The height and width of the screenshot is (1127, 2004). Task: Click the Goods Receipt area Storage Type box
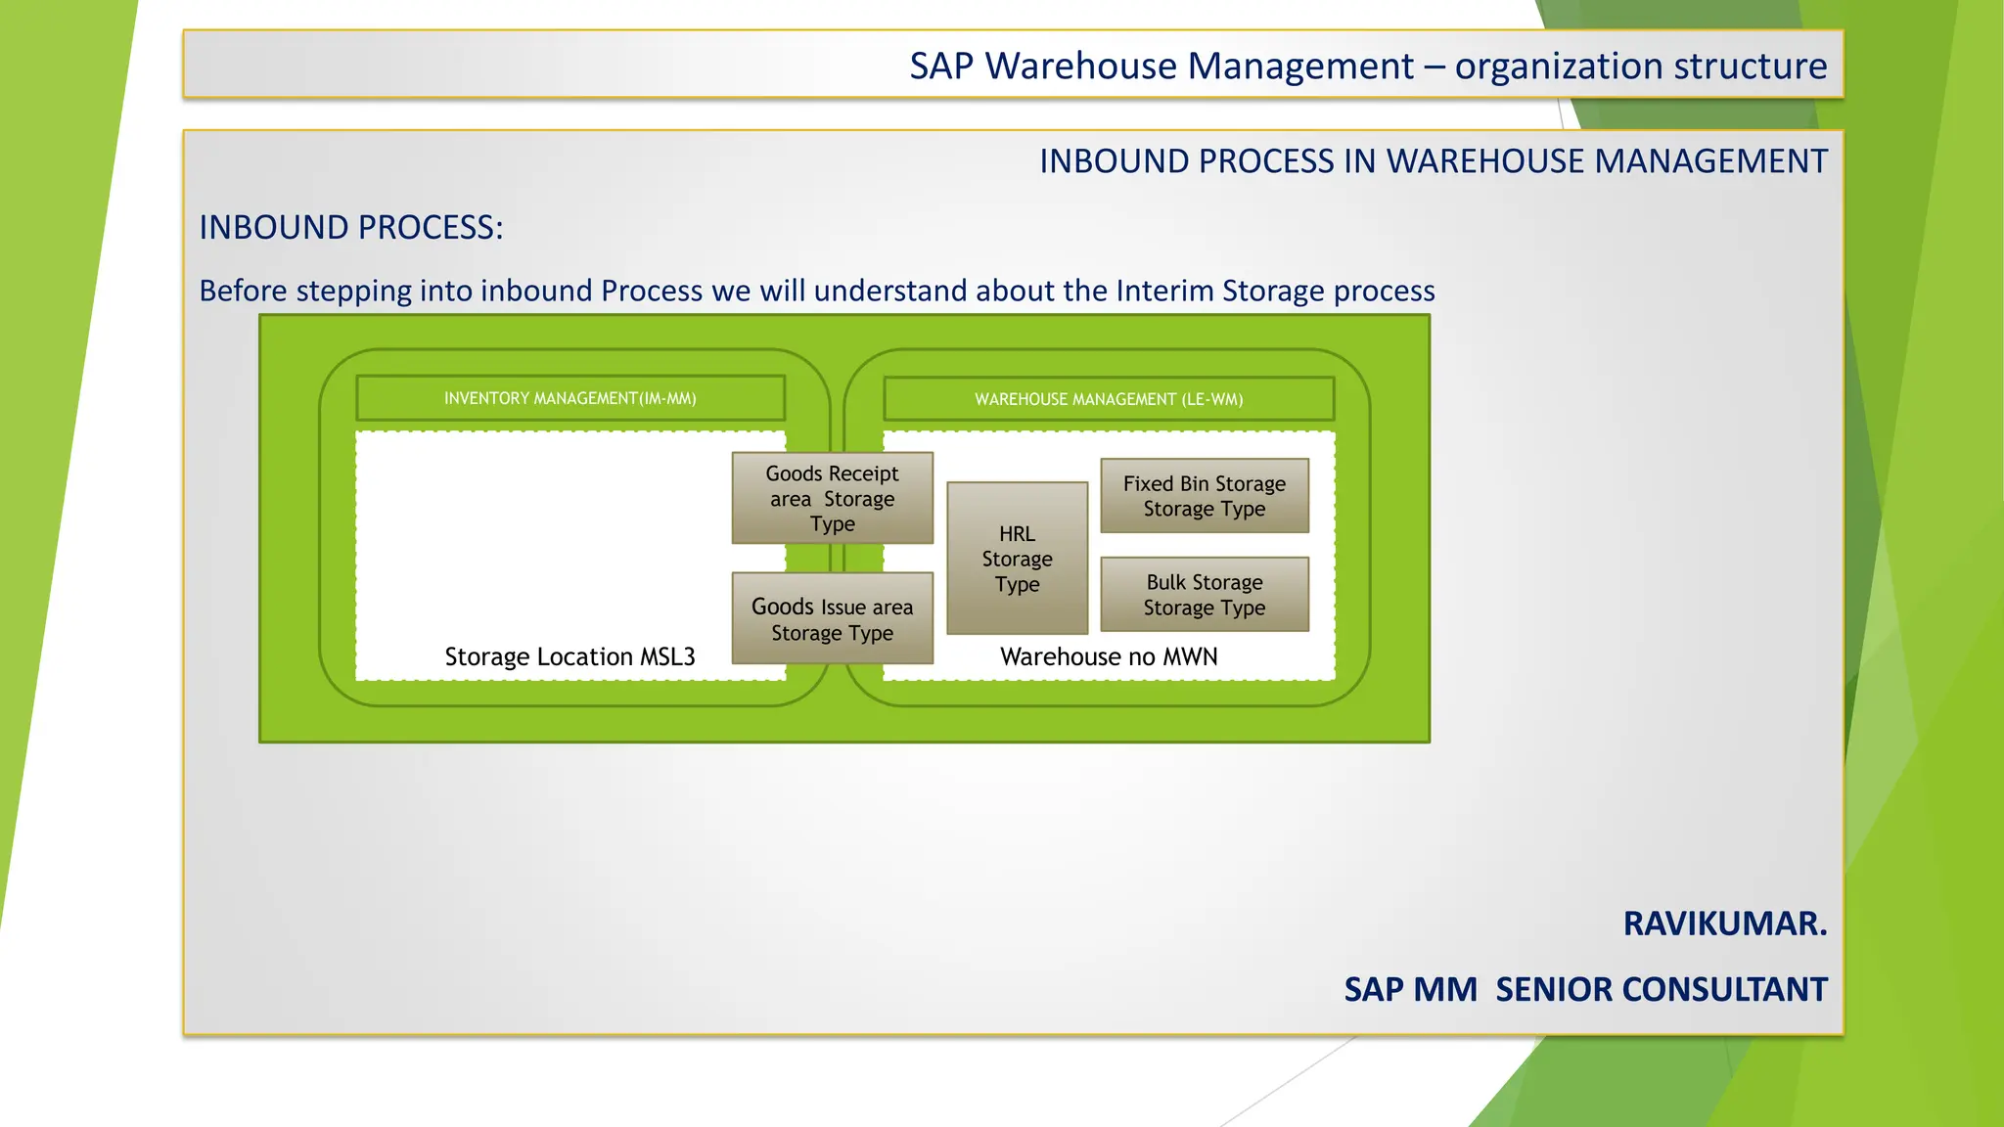click(x=832, y=498)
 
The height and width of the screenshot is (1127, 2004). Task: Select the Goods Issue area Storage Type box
click(x=832, y=618)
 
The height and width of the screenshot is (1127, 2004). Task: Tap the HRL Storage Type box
click(x=1017, y=558)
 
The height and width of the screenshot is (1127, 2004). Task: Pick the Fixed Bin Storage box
click(x=1204, y=496)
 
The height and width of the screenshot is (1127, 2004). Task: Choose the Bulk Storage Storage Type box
click(x=1204, y=594)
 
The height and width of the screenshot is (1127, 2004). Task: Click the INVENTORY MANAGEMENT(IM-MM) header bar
click(x=570, y=398)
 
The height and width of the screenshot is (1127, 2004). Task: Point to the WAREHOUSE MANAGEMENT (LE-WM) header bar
click(x=1109, y=399)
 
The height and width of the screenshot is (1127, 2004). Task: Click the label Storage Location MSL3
click(x=569, y=656)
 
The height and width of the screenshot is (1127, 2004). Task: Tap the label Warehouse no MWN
click(x=1109, y=656)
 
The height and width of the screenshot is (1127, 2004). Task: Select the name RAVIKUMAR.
click(x=1724, y=924)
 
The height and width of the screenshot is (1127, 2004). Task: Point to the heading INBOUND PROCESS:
click(x=350, y=227)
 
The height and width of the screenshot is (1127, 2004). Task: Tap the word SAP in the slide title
click(x=941, y=67)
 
